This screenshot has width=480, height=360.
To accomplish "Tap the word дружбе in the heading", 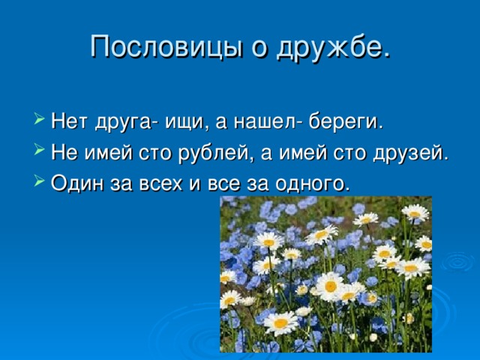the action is (x=334, y=47).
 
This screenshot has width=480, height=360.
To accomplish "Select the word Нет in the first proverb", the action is (x=69, y=121).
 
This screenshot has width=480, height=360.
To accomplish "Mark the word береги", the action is (x=346, y=122).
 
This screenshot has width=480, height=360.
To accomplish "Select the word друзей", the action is (x=410, y=153).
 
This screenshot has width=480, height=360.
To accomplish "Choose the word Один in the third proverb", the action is (x=77, y=183).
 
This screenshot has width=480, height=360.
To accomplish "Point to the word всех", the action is (x=160, y=184).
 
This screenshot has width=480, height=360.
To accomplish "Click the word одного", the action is (x=312, y=184).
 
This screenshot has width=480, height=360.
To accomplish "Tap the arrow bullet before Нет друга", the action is (x=39, y=118).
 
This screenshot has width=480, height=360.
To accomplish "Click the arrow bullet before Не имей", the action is (x=39, y=148).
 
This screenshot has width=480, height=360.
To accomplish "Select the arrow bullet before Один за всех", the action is (x=39, y=179).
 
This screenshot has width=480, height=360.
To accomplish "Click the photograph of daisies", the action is (x=326, y=274).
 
